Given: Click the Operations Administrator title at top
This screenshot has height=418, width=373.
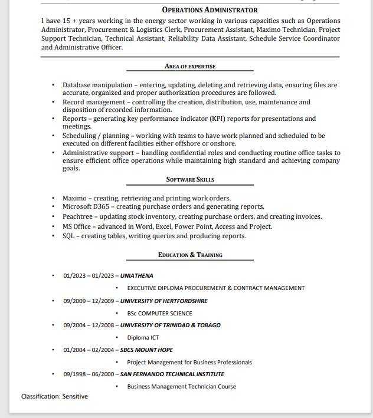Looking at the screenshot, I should tap(210, 10).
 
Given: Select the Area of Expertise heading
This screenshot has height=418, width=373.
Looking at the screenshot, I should tap(190, 67).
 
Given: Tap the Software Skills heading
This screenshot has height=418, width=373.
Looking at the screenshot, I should tap(190, 179).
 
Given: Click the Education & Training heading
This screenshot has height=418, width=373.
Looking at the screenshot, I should tap(190, 255).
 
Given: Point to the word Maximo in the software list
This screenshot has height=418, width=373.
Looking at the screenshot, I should tap(75, 198).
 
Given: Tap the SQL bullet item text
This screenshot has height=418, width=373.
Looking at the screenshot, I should tap(154, 236).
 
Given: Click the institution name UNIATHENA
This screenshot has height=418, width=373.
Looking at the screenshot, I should tap(137, 275).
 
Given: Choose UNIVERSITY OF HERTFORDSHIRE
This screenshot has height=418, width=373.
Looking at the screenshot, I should tap(164, 301).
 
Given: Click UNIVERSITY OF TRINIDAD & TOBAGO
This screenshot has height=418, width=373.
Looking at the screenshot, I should tap(171, 325).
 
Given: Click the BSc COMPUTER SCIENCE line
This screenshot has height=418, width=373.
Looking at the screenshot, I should tap(159, 313).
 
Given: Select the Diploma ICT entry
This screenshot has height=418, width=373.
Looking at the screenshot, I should tap(143, 338).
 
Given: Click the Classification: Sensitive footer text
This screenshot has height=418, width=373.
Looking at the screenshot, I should tap(54, 396).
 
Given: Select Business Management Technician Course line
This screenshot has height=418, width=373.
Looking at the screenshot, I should tap(181, 387).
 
